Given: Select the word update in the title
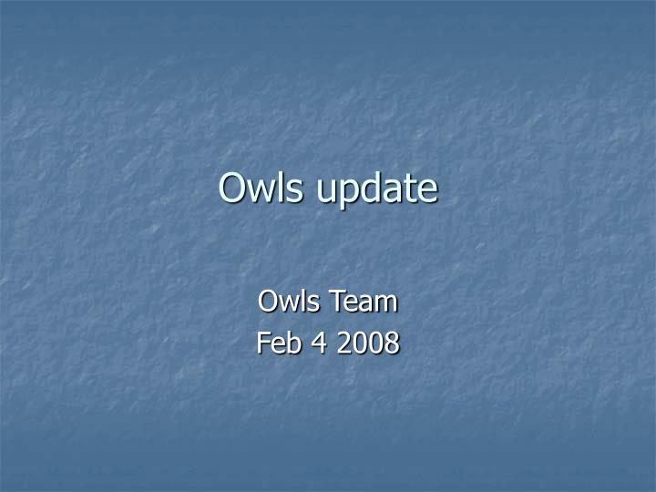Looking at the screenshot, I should tap(376, 190).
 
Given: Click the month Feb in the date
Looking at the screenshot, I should tap(278, 343).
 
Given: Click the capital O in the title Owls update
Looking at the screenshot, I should tap(233, 188).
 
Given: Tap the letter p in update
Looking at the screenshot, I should tap(350, 193).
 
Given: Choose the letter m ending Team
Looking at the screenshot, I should tap(386, 302).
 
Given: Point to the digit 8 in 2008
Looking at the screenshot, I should tap(392, 343).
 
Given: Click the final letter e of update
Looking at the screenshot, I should tap(427, 190).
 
